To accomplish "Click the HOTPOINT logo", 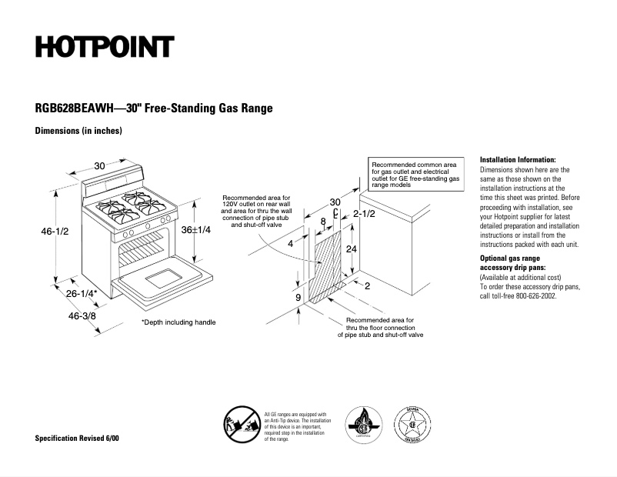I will [104, 47].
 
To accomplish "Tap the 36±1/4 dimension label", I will [195, 230].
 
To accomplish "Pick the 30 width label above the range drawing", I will [100, 165].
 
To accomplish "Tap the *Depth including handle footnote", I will [178, 322].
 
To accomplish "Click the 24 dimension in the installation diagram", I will [351, 249].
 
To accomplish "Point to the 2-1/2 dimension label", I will [364, 213].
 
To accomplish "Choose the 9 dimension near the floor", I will [298, 296].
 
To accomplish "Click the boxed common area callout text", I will [415, 175].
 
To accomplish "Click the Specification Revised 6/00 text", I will [77, 438].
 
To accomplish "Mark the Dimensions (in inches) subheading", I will [78, 132].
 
